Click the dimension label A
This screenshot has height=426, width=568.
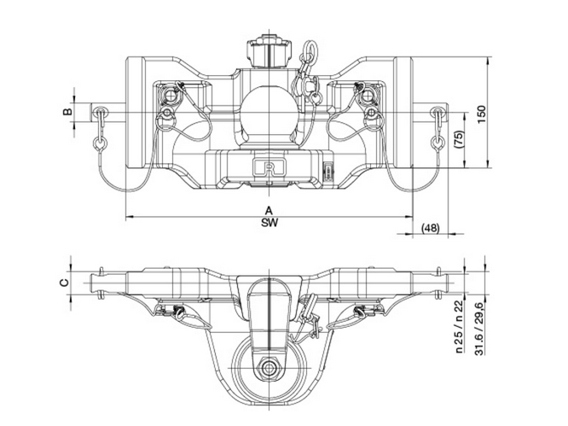[269, 210]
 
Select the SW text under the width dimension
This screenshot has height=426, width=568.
[270, 223]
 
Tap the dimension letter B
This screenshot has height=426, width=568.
[67, 111]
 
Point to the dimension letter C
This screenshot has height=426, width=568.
[64, 283]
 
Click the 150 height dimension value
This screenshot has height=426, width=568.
[481, 114]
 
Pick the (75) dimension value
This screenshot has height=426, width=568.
[459, 139]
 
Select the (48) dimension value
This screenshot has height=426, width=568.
[431, 228]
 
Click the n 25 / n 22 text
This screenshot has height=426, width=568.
[460, 326]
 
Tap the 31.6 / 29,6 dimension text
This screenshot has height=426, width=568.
[480, 328]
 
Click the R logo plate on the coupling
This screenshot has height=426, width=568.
[270, 167]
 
